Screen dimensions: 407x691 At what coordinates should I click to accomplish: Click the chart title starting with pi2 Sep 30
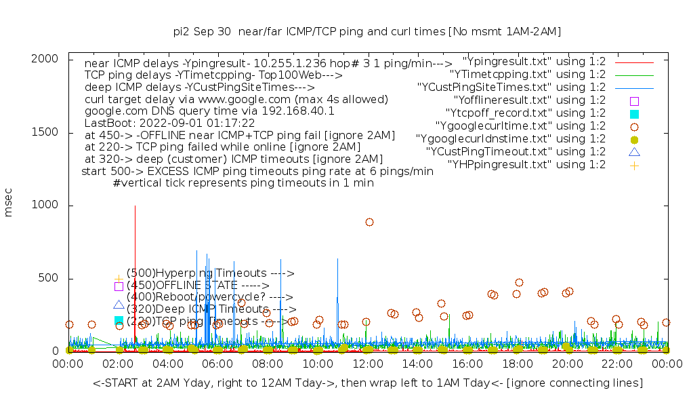367,31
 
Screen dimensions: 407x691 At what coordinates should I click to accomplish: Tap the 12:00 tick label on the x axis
368,364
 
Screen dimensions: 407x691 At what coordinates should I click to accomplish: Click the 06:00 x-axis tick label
218,364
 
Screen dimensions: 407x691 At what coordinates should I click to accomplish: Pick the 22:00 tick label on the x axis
617,364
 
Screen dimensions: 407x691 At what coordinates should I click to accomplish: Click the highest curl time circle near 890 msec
369,222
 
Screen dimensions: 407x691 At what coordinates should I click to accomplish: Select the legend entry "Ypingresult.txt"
534,61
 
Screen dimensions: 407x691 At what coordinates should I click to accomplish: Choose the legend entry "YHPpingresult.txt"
526,164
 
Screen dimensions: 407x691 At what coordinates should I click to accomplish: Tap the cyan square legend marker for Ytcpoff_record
634,113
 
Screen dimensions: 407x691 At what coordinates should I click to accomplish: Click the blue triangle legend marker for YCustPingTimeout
634,151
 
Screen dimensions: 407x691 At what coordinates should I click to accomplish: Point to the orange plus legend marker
634,165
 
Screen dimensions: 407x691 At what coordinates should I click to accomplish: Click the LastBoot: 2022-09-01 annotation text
169,123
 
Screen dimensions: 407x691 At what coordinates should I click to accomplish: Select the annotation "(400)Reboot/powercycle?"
209,296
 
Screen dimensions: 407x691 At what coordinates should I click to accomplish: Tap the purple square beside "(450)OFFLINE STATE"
119,286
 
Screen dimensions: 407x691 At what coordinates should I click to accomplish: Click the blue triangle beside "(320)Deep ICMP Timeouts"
119,306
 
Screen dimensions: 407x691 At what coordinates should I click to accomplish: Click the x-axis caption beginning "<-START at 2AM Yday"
368,383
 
